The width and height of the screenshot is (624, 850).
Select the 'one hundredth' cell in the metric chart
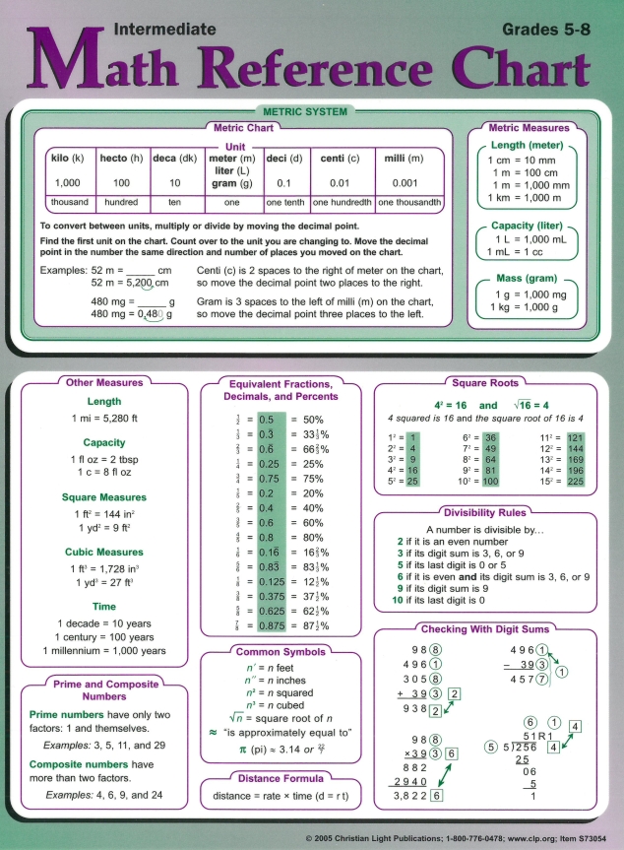click(342, 202)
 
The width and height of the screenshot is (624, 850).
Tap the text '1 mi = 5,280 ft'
click(104, 419)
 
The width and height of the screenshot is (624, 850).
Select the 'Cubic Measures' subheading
click(104, 553)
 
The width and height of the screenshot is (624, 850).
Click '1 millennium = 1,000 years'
click(104, 651)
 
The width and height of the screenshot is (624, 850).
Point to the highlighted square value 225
click(576, 482)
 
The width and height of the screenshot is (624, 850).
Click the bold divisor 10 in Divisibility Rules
click(399, 600)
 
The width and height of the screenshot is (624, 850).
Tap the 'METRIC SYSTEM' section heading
click(311, 112)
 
